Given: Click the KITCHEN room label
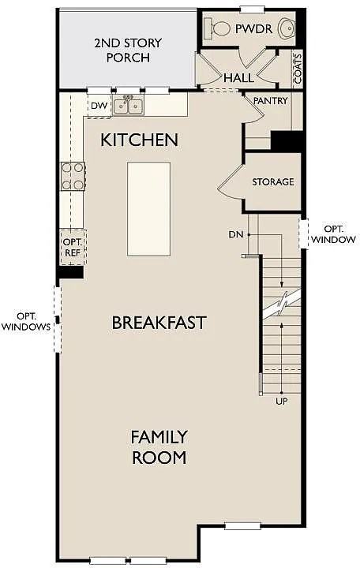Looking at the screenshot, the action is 139,140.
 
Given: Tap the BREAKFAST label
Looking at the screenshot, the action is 159,323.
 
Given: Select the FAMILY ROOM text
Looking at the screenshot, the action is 159,447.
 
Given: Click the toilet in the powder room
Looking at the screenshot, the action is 217,28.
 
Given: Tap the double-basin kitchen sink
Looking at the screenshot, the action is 128,106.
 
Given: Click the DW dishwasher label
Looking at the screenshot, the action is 99,106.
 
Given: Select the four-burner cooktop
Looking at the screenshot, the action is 73,176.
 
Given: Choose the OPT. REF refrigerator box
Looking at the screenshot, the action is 73,248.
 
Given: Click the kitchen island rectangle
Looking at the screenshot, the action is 148,209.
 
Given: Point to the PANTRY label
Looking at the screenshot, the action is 270,101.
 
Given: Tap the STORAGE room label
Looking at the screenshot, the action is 273,181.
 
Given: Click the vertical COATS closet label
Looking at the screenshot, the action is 298,69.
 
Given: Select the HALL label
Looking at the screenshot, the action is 238,78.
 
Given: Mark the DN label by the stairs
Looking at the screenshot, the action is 236,235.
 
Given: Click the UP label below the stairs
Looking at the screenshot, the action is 282,402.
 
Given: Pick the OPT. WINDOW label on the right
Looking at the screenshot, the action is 333,234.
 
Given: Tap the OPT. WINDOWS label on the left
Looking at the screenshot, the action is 26,321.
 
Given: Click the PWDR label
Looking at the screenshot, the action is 253,28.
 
